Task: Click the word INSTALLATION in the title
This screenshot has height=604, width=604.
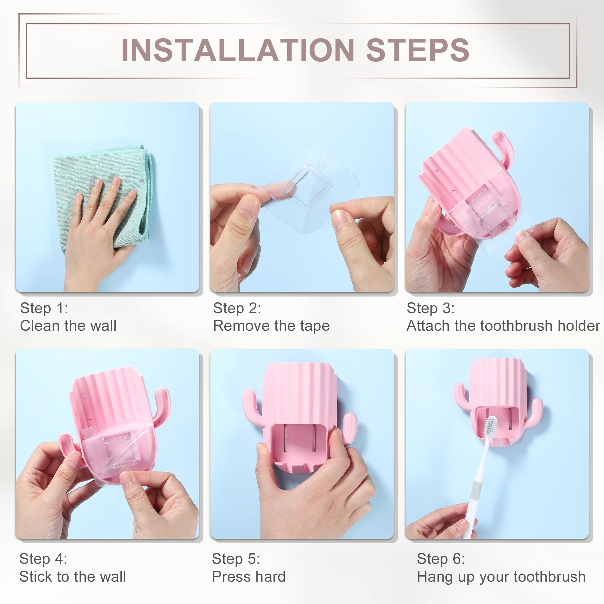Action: [238, 50]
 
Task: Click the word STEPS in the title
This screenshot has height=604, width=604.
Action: [418, 50]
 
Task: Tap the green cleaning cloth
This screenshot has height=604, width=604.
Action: [103, 194]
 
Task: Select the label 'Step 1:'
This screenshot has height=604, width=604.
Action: [44, 308]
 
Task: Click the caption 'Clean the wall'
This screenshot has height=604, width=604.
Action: [68, 326]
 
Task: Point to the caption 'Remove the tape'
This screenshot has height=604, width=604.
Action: [271, 326]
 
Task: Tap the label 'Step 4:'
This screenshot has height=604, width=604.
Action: [43, 559]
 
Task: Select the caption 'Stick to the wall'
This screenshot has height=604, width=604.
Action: [72, 577]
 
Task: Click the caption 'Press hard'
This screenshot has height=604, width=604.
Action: [249, 577]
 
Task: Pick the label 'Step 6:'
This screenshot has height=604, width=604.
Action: [441, 559]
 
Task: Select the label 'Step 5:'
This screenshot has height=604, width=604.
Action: [236, 559]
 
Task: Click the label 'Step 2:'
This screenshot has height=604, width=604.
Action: [237, 308]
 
